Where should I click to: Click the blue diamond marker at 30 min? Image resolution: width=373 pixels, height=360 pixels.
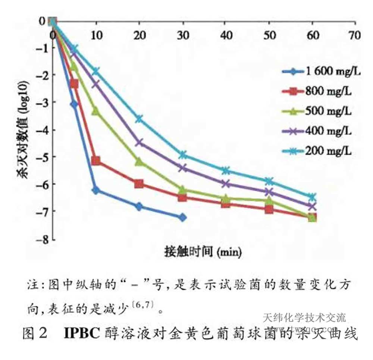[x=182, y=217]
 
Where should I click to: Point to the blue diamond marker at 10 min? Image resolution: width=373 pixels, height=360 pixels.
[x=96, y=190]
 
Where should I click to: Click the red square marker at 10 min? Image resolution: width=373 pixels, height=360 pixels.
[x=96, y=161]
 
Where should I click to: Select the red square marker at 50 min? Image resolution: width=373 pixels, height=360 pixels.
[x=269, y=209]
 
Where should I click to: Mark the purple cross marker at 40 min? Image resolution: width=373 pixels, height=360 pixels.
[x=226, y=184]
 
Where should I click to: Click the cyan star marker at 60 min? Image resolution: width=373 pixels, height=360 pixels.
[x=312, y=197]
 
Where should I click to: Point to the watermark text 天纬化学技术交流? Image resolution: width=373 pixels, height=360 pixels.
[x=304, y=318]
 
